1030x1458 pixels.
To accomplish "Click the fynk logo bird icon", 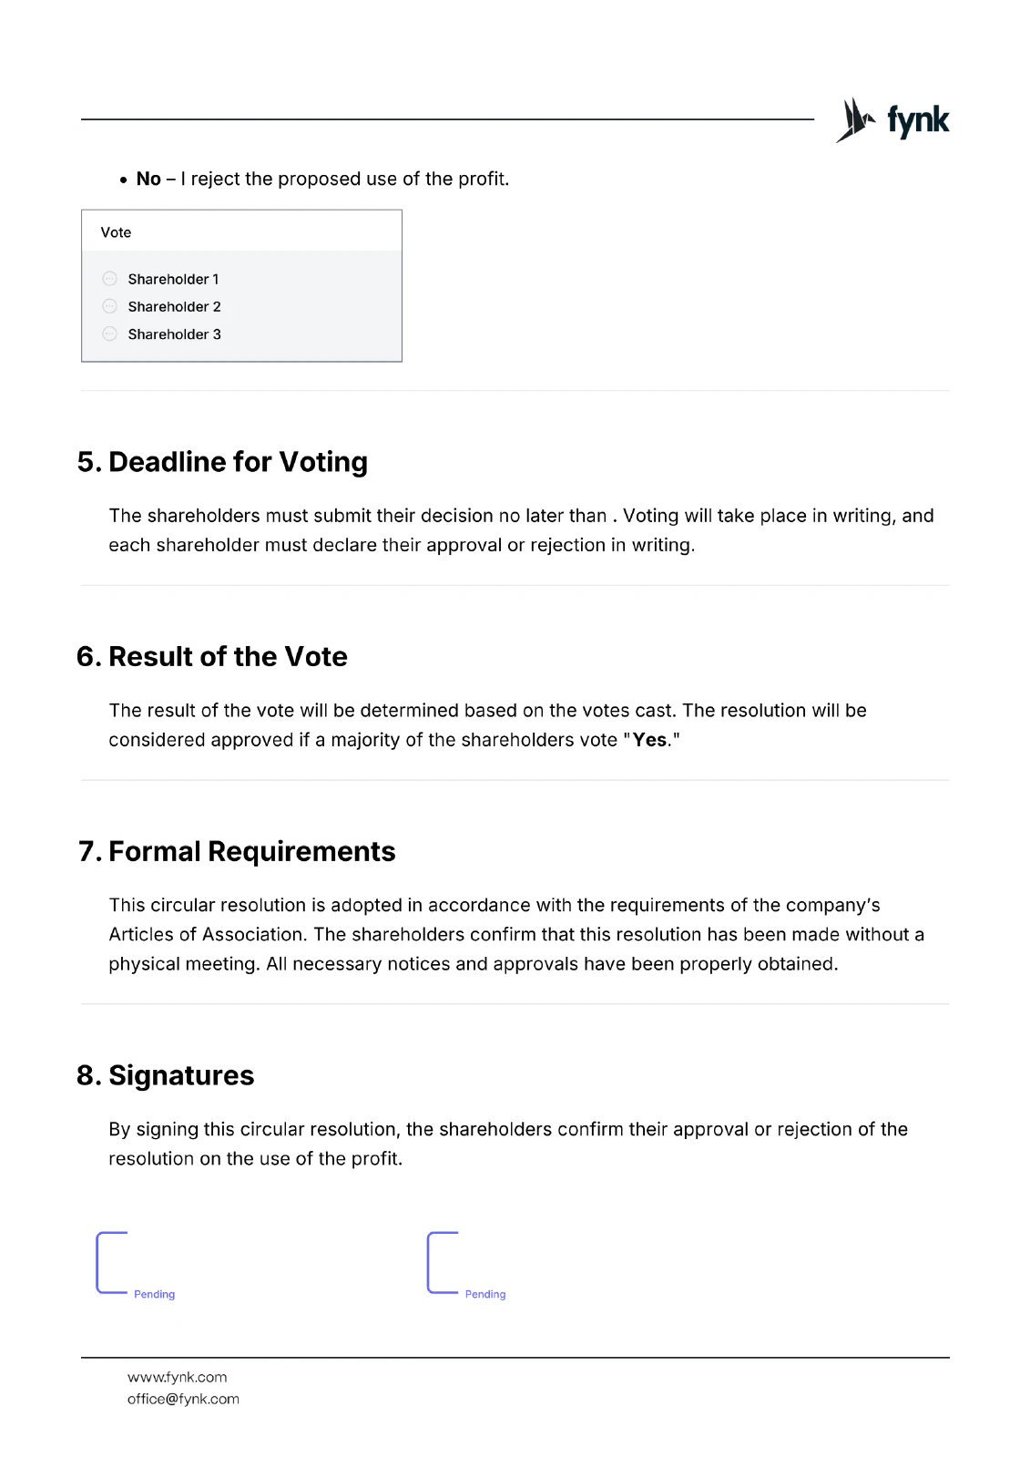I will click(855, 120).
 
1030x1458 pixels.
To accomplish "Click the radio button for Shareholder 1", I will click(110, 279).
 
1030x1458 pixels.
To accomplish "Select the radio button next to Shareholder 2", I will click(110, 306).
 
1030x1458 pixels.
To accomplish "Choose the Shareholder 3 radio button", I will click(110, 334).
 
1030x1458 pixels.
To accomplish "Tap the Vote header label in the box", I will click(116, 232).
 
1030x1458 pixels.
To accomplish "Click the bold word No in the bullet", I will click(148, 179).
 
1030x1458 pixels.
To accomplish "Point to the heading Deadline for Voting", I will click(238, 462).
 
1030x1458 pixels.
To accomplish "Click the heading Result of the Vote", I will click(228, 656).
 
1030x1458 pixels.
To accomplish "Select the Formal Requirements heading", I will click(251, 851).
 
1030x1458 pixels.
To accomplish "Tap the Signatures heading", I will click(181, 1075).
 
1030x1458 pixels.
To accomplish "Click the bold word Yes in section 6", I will click(649, 740).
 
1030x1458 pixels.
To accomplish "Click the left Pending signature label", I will click(154, 1294).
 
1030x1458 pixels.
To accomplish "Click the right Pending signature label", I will click(485, 1294).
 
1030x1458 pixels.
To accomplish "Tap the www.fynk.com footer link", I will click(178, 1377).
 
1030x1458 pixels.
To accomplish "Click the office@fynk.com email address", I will click(183, 1399).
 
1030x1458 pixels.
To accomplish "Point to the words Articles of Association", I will click(205, 934).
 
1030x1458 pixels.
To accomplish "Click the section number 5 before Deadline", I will click(87, 462).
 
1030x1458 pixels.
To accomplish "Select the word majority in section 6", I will click(364, 740).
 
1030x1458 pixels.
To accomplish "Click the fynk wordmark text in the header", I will click(918, 120).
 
